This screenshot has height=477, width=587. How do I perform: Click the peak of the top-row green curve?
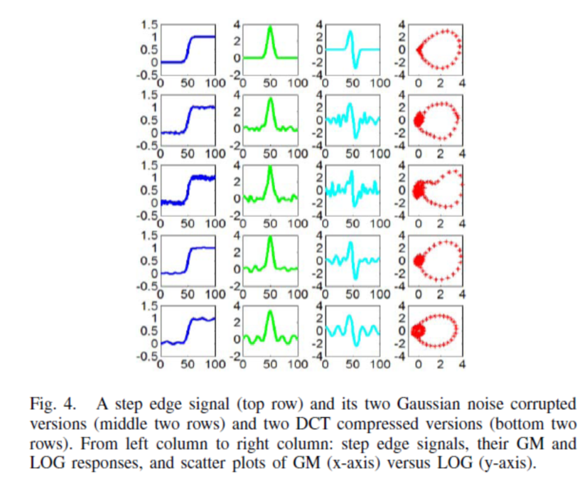pos(270,27)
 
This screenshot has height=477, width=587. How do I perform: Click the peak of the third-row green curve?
pos(270,168)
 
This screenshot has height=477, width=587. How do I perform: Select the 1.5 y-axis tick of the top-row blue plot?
pos(148,23)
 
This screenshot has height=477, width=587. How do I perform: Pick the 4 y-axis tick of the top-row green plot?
pos(237,23)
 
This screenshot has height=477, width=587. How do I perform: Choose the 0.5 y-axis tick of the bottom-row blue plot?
pos(148,331)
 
